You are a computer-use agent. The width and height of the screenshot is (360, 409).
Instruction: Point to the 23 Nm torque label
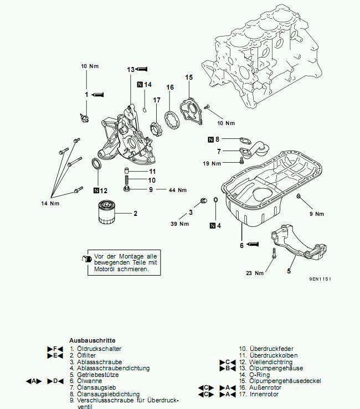(x=255, y=273)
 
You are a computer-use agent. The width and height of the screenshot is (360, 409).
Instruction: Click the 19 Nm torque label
(x=212, y=164)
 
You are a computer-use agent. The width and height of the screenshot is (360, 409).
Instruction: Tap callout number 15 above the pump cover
(x=189, y=77)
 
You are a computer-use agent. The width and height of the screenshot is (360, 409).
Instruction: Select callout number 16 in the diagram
(x=170, y=87)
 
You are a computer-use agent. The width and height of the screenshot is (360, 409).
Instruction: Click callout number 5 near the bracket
(x=289, y=271)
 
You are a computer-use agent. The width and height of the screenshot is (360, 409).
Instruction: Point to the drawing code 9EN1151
(x=320, y=279)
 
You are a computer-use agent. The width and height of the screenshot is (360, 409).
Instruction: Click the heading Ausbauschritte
(x=92, y=340)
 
